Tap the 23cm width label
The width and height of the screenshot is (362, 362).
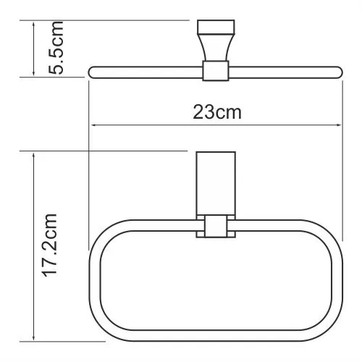click(x=216, y=112)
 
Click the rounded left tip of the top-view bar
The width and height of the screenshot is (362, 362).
click(x=92, y=70)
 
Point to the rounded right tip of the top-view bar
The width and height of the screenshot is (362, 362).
click(x=337, y=70)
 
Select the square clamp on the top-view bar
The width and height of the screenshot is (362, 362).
click(x=215, y=70)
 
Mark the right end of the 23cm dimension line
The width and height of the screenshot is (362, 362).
click(x=341, y=127)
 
